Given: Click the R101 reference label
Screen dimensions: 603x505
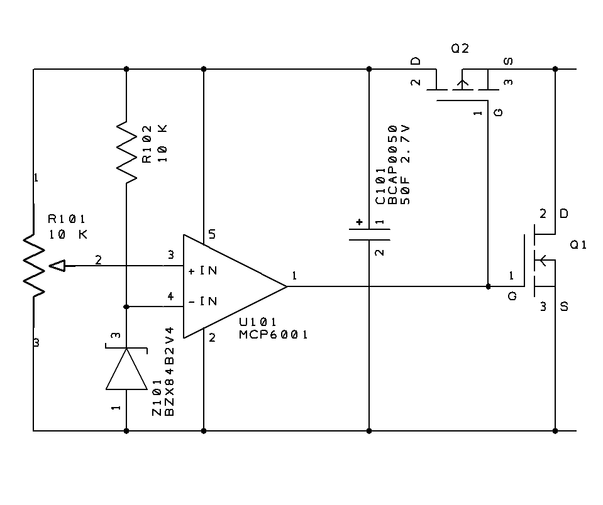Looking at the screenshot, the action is click(x=66, y=219).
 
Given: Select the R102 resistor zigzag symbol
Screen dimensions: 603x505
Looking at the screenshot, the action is click(x=126, y=152).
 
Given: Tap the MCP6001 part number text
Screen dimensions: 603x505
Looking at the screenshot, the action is click(x=273, y=335).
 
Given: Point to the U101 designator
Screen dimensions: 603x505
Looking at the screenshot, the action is click(x=257, y=322).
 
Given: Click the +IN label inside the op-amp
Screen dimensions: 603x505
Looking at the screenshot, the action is click(x=203, y=271).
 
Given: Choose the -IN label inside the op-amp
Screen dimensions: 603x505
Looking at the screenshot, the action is click(x=203, y=301).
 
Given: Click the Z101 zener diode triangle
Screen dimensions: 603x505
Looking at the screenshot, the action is click(x=126, y=369).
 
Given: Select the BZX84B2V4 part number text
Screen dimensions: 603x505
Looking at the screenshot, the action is click(x=170, y=371).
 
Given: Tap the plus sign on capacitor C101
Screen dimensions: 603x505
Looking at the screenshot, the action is click(x=359, y=222).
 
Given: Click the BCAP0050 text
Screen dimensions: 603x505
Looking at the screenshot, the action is click(x=392, y=165).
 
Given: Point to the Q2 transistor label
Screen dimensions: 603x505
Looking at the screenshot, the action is click(x=460, y=48).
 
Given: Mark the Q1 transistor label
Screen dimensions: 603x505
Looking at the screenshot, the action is click(x=578, y=244).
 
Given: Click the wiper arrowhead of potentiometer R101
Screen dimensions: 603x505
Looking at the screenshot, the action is click(x=58, y=266).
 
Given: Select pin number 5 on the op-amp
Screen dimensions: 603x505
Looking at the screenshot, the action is click(x=212, y=234).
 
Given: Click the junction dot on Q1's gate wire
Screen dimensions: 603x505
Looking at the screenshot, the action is click(x=489, y=286).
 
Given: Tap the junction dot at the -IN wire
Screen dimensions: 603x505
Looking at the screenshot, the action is click(x=126, y=307).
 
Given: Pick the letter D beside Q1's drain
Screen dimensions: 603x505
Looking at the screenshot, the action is click(x=564, y=214).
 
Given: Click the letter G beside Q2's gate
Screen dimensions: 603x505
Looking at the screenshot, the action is click(x=499, y=112).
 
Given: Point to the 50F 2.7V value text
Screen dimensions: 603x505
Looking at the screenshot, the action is click(x=406, y=165).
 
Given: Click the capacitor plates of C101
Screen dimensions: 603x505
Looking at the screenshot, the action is click(x=369, y=235).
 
